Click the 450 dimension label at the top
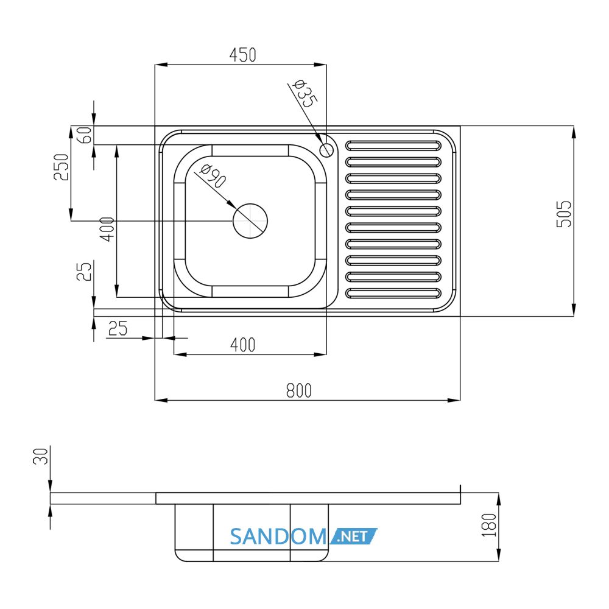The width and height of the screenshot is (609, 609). pos(243,55)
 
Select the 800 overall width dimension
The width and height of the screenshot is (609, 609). pos(298,390)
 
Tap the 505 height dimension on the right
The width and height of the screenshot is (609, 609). pos(564,214)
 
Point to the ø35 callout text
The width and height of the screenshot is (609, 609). pos(304,94)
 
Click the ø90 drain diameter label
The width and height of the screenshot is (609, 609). pos(213,176)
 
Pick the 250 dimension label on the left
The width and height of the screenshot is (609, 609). pos(61,167)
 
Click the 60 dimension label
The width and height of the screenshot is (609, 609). pos(85,135)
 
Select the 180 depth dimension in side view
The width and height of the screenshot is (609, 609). pos(489,525)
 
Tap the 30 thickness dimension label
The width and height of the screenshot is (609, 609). pos(40,456)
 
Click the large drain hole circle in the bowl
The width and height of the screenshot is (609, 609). pos(250,221)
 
